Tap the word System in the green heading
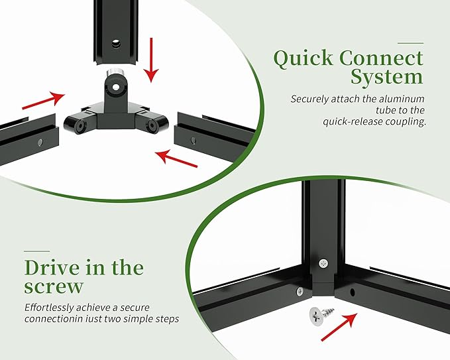click(387, 77)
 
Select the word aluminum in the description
click(402, 99)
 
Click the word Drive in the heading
click(52, 268)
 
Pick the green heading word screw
click(54, 286)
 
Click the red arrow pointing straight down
click(151, 60)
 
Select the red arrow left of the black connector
click(44, 100)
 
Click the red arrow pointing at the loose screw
click(339, 327)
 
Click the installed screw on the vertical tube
click(323, 263)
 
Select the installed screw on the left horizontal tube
click(300, 291)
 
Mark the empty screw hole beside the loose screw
click(353, 292)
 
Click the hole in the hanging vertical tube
click(116, 44)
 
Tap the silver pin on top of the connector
click(115, 72)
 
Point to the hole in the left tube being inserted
click(40, 142)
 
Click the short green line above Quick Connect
click(410, 43)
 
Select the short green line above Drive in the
click(36, 251)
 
